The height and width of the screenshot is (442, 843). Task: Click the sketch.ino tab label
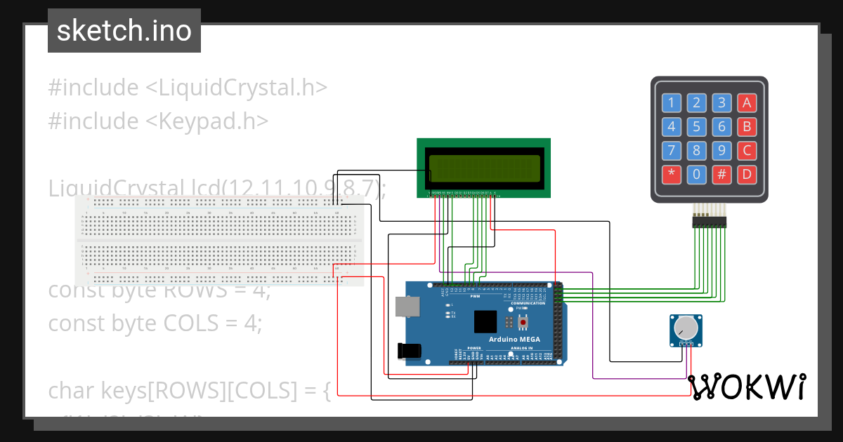124,31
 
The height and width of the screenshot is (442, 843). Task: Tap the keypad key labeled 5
696,127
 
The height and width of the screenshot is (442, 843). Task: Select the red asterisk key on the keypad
672,174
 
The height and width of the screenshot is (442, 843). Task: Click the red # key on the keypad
721,174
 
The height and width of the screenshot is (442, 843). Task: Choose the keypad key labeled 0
696,174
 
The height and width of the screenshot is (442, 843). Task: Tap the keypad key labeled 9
721,150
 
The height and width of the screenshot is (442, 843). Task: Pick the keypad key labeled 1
672,104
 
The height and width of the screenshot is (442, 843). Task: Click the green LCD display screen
484,168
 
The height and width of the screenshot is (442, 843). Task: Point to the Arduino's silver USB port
405,306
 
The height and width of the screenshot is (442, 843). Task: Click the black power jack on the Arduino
410,351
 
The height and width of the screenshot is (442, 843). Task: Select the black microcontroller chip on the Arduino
485,322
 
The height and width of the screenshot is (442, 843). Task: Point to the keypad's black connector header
710,222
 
